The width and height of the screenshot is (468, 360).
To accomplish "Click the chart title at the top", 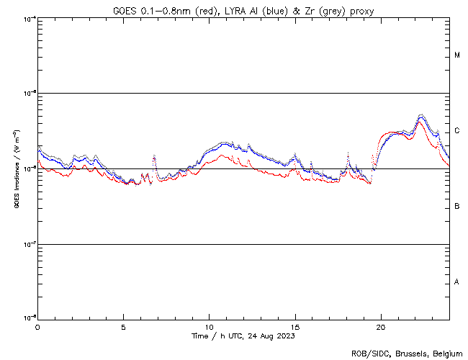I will (243, 11).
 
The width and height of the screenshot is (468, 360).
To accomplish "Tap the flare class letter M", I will (457, 55).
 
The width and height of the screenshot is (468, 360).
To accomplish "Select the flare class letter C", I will (457, 131).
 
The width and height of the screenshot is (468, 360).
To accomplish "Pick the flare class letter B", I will (457, 207).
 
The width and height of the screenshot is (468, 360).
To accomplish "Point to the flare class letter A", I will (457, 282).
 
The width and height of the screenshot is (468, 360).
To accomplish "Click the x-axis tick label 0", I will (37, 327).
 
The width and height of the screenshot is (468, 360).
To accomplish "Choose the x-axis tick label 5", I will (123, 327).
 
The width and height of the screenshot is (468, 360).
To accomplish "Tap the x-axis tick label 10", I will (209, 327).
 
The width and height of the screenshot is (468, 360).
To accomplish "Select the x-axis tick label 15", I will (294, 327).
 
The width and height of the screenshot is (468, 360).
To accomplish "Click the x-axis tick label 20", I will (380, 327).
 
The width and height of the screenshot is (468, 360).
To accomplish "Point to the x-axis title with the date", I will (243, 336).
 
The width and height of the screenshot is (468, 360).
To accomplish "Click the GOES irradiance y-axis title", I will (15, 168).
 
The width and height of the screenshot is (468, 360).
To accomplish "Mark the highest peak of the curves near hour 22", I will (421, 115).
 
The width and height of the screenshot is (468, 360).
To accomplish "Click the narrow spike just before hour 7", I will (154, 157).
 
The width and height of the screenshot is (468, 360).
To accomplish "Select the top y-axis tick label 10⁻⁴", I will (30, 18).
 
